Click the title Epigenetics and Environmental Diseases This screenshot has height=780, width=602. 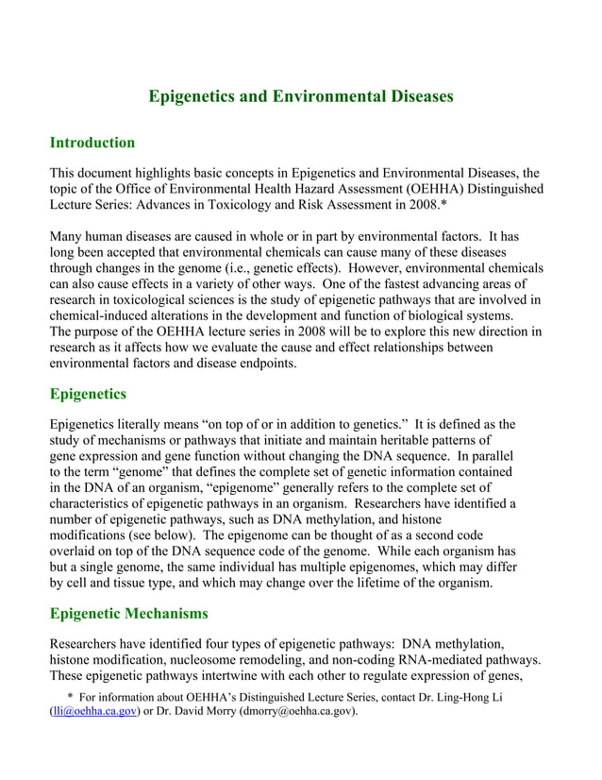[301, 96]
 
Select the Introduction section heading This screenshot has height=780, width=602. [92, 143]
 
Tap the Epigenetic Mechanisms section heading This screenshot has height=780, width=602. [128, 614]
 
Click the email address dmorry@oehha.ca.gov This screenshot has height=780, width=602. [294, 711]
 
